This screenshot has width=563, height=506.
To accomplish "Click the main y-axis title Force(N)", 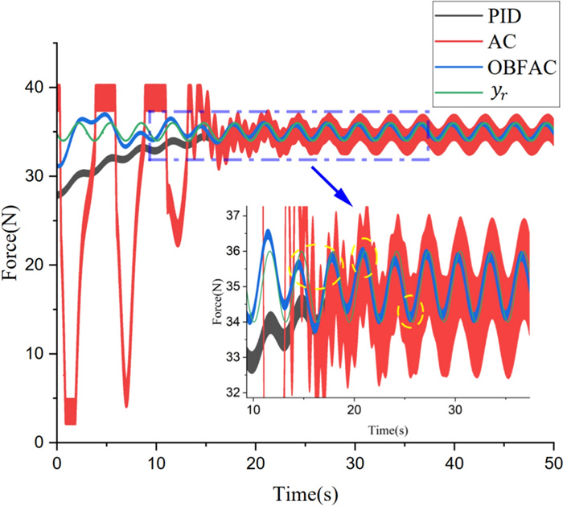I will coord(14,258).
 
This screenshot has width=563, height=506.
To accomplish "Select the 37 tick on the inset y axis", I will coord(236,216).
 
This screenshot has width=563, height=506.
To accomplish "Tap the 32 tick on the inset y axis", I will coord(236,393).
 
